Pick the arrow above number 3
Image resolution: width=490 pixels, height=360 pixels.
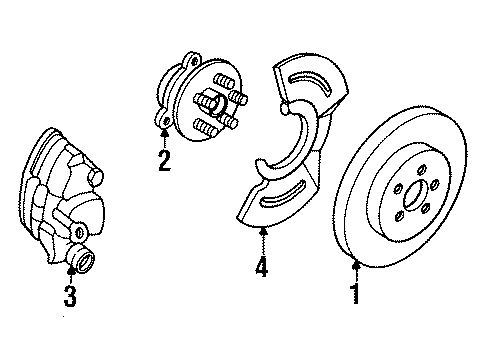point(71,270)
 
